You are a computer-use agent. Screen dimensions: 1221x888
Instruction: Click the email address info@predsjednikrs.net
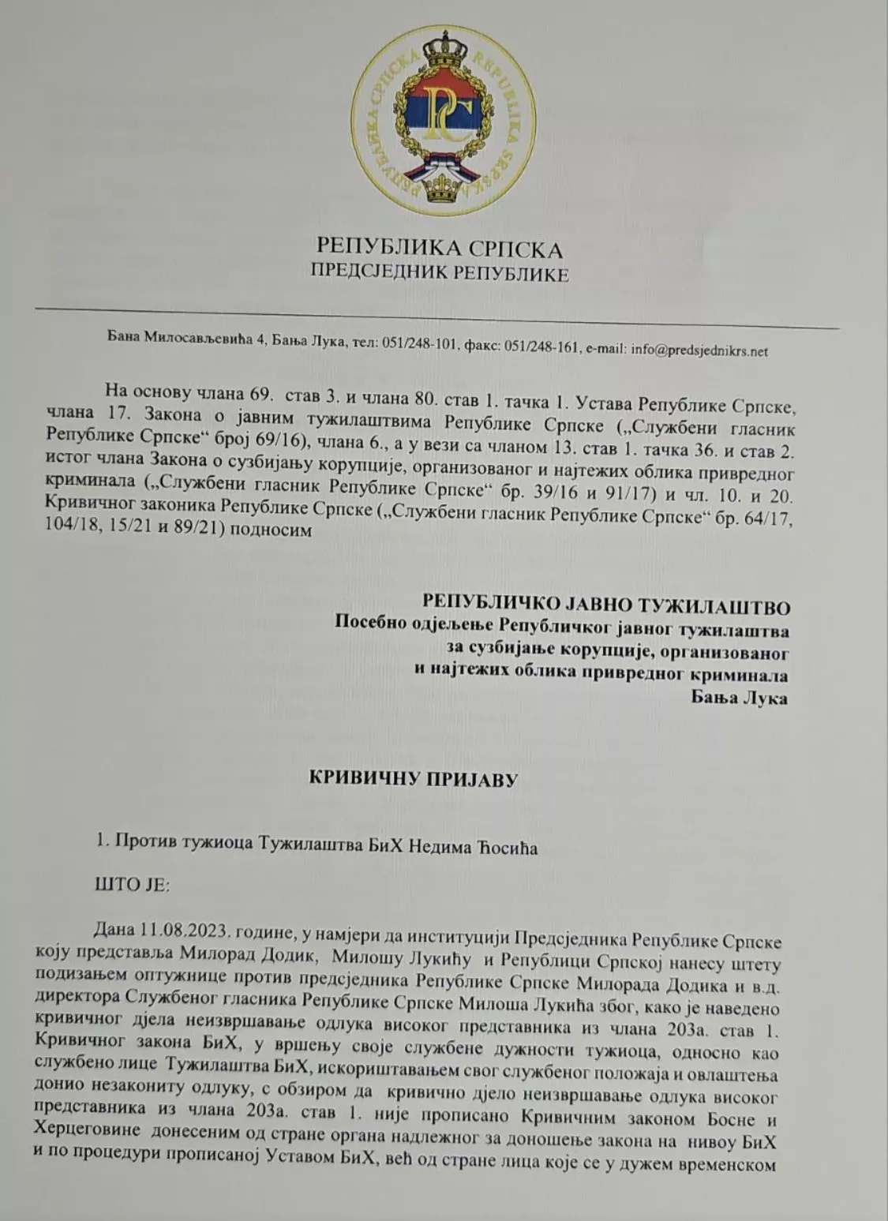point(699,350)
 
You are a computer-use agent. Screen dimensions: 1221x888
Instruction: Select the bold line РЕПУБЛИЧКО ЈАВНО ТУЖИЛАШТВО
point(607,585)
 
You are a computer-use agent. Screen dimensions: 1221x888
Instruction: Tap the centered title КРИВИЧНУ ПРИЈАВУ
point(412,781)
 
